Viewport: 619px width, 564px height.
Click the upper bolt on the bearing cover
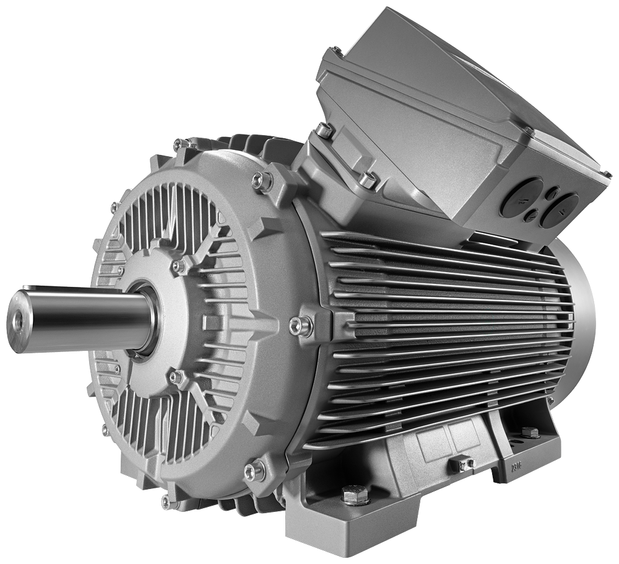[x=178, y=266]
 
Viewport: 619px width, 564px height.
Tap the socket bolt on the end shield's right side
[x=301, y=326]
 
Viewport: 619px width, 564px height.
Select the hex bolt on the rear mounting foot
[x=529, y=432]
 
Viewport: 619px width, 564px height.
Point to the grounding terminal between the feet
[x=461, y=464]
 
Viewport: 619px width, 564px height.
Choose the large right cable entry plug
[x=558, y=209]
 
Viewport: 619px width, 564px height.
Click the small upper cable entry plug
[x=550, y=193]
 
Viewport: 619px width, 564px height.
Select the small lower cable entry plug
[x=530, y=216]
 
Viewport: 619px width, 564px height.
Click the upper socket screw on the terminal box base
[x=324, y=131]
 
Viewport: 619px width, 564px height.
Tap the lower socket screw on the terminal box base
[x=368, y=180]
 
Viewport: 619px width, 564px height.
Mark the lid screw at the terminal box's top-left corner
[x=337, y=52]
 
